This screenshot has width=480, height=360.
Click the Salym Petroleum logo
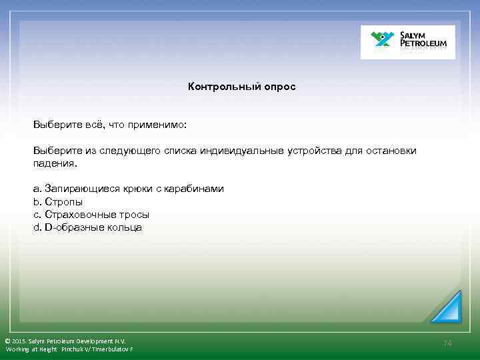pyautogui.click(x=408, y=42)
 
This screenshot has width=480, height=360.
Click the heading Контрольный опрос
pyautogui.click(x=241, y=87)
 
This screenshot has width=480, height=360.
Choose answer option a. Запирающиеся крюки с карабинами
pyautogui.click(x=129, y=189)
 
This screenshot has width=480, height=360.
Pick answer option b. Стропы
pyautogui.click(x=58, y=201)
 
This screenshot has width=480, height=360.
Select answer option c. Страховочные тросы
pyautogui.click(x=91, y=215)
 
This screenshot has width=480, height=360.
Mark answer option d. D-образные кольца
pyautogui.click(x=87, y=227)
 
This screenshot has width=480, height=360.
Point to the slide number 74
pyautogui.click(x=447, y=343)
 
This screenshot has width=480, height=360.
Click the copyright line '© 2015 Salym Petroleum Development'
pyautogui.click(x=65, y=341)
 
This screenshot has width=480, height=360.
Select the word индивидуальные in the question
pyautogui.click(x=241, y=151)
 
